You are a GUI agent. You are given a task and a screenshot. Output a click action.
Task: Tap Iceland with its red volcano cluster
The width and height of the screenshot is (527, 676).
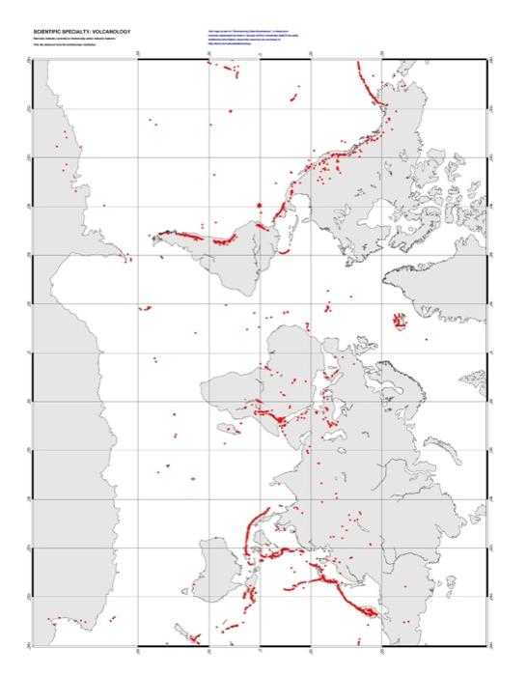coord(398,320)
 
